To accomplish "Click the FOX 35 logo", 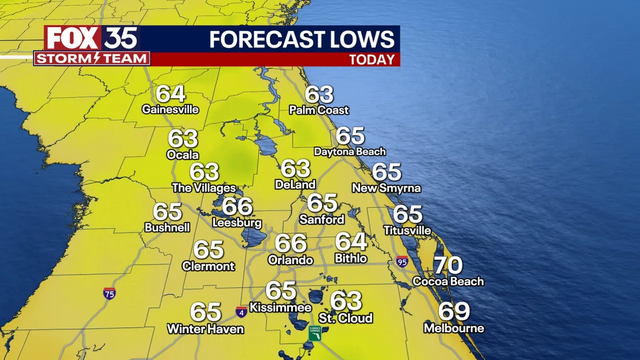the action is click(x=91, y=38).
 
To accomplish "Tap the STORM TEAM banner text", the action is click(x=92, y=58).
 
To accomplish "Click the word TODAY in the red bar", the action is click(x=370, y=59).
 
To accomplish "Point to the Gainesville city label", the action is click(x=171, y=109).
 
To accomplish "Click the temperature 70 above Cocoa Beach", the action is click(x=447, y=266).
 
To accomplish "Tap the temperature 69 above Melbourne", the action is click(x=453, y=312).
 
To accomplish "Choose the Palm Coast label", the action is click(x=319, y=110).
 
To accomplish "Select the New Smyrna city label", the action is click(x=386, y=188).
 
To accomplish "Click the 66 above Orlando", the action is click(x=290, y=243).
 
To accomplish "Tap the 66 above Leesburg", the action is click(x=237, y=206).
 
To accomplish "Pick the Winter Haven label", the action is click(x=205, y=330).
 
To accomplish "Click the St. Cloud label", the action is click(x=346, y=318).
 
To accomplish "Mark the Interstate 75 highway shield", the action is click(x=108, y=293).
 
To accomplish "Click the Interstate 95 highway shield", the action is click(x=401, y=262).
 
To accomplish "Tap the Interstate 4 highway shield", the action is click(x=241, y=312).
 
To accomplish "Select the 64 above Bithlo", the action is click(x=350, y=242).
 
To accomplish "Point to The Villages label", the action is click(x=204, y=188).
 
